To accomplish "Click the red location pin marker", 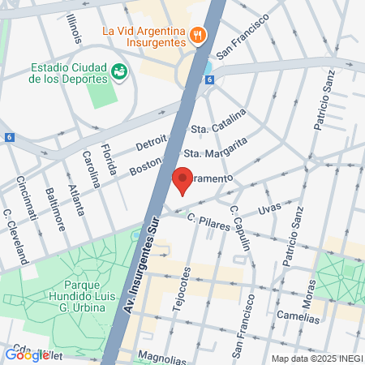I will [182, 180].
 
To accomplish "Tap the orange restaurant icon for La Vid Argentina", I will [197, 34].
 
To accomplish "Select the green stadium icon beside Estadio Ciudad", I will [120, 72].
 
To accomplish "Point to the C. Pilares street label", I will [208, 221].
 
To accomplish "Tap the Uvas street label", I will [268, 208].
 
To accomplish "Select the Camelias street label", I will [297, 319].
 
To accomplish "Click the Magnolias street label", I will [157, 355].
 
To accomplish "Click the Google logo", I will [27, 354].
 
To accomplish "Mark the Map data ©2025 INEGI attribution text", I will [316, 359].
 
